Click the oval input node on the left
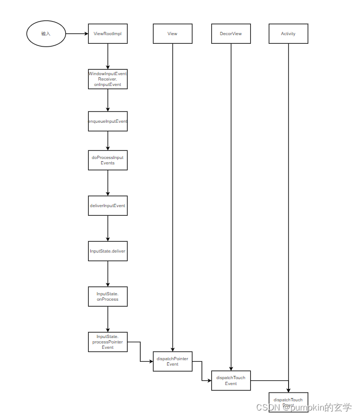tap(46, 34)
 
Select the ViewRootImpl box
tap(108, 34)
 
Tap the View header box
tap(172, 34)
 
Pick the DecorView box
tap(231, 34)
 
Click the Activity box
tap(288, 34)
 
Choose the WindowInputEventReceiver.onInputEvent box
tap(108, 79)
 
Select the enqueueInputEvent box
tap(108, 122)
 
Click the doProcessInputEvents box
tap(108, 160)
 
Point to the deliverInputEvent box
tap(108, 206)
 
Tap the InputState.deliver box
tap(108, 251)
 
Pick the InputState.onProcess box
tap(108, 296)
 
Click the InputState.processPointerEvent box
tap(108, 342)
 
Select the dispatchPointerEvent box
tap(172, 361)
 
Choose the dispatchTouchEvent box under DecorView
tap(231, 380)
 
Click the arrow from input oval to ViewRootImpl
tap(77, 34)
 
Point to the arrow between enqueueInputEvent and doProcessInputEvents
tap(108, 141)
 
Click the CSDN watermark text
tap(304, 407)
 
